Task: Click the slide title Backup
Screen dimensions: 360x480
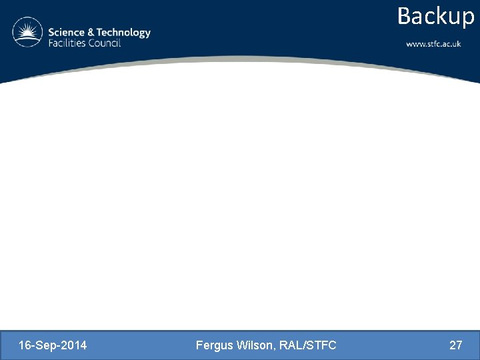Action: [435, 16]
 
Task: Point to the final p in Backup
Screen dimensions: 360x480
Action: [467, 18]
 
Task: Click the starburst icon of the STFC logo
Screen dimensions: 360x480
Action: [27, 33]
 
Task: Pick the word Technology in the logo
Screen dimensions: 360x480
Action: [123, 33]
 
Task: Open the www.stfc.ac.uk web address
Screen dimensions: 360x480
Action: [433, 44]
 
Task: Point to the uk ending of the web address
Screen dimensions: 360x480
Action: [456, 44]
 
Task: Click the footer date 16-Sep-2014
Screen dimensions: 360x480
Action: [53, 345]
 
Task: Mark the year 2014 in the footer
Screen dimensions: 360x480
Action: [75, 345]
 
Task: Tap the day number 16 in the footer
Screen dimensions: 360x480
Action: [25, 345]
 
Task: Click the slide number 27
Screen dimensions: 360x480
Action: [456, 345]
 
